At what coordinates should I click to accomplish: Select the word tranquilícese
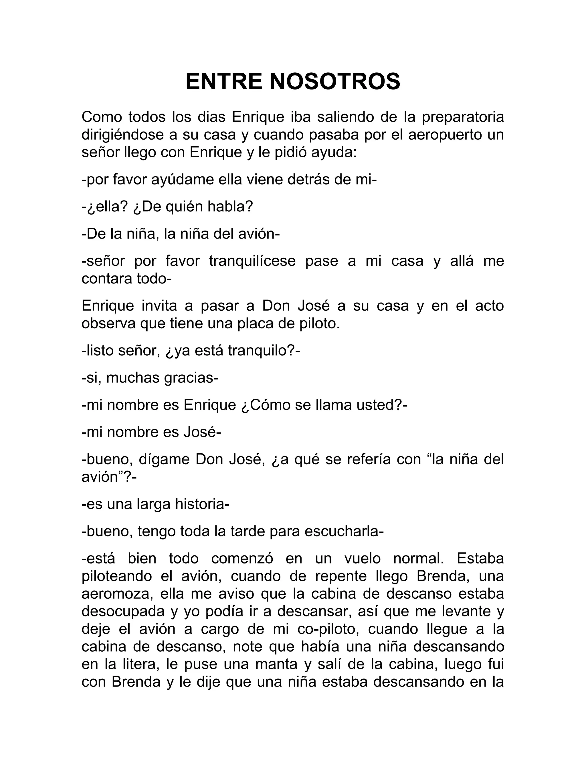tap(252, 261)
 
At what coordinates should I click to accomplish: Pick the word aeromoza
tap(117, 594)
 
